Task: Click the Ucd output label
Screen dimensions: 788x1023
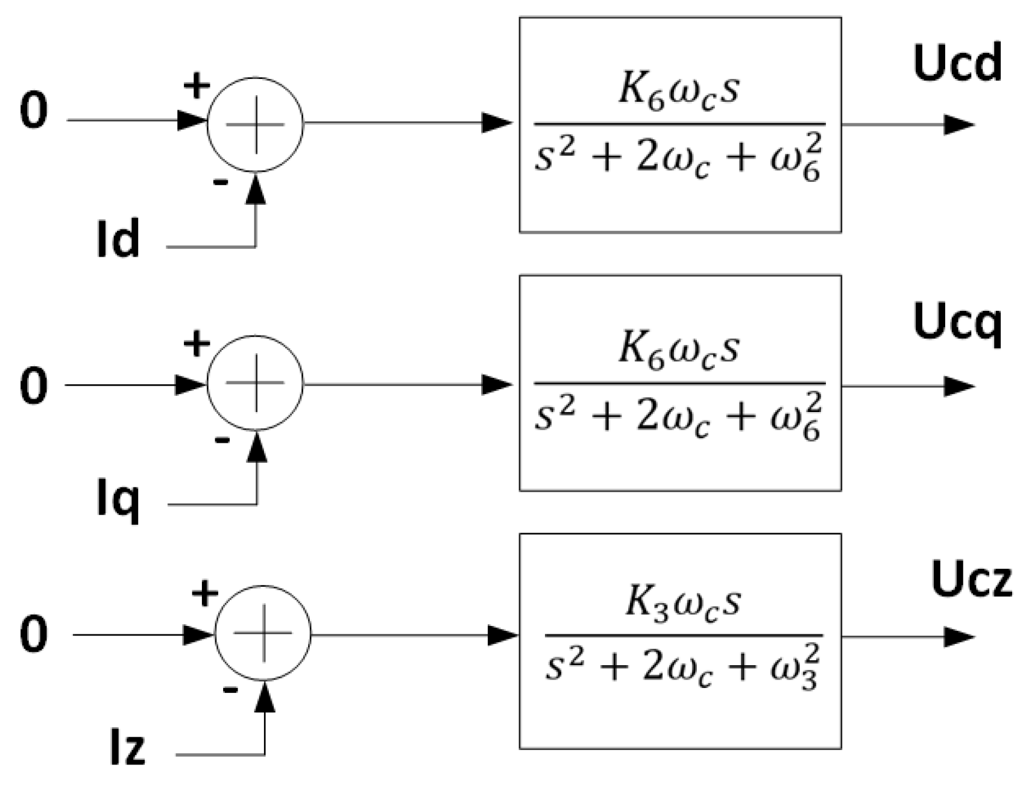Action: tap(957, 64)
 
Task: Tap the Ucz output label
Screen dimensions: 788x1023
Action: tap(971, 581)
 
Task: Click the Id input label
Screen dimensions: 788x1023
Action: tap(118, 239)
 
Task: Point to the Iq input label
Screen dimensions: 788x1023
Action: tap(118, 500)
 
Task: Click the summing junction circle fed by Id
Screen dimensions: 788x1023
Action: tap(255, 124)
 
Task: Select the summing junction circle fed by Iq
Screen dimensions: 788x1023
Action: tap(255, 383)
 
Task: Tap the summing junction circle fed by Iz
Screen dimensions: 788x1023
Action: tap(263, 633)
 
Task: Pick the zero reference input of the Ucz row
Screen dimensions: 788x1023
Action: tap(33, 634)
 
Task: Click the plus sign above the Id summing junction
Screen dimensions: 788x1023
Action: tap(197, 86)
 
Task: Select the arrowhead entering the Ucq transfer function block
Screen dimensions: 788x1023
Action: tap(498, 384)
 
